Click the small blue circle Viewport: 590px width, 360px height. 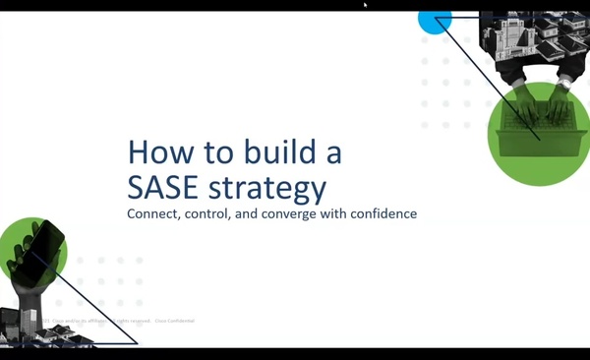click(435, 19)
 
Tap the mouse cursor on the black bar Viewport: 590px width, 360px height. click(365, 4)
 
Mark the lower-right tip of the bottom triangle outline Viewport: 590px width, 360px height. click(137, 342)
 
